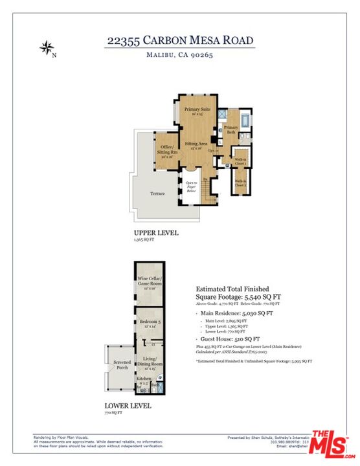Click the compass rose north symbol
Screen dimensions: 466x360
click(x=47, y=47)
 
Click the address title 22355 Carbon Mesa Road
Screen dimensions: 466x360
click(x=179, y=40)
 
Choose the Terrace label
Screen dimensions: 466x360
click(x=158, y=194)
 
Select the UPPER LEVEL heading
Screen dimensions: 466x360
click(x=156, y=233)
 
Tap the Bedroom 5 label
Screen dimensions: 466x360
click(x=149, y=322)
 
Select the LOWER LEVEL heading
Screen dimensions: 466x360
click(x=128, y=406)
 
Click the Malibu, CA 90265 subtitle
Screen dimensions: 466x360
click(x=179, y=56)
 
